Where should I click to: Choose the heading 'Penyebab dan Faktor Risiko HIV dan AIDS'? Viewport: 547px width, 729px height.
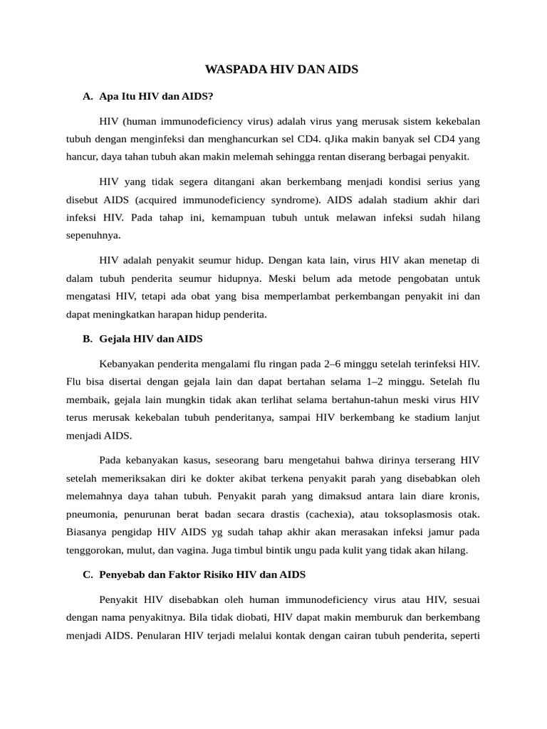203,574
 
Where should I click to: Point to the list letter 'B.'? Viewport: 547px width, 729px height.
88,339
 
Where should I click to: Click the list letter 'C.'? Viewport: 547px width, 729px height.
88,574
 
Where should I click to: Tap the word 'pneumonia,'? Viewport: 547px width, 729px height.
93,513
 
